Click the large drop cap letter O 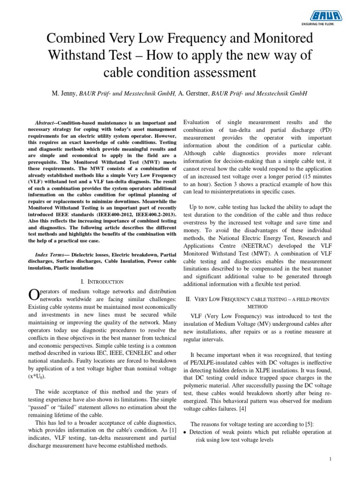tap(34, 294)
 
